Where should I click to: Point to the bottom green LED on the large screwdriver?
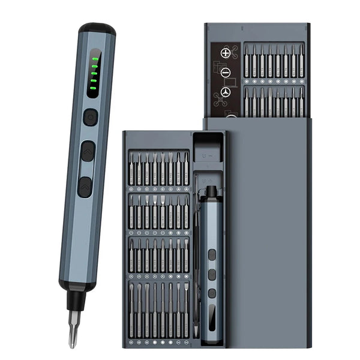pos(92,90)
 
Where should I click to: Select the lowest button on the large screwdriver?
pos(85,187)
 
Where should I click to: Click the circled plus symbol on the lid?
pos(226,53)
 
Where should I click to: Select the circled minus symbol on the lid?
pos(226,73)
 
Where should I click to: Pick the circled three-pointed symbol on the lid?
pos(226,92)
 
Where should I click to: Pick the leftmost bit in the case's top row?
pos(132,168)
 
